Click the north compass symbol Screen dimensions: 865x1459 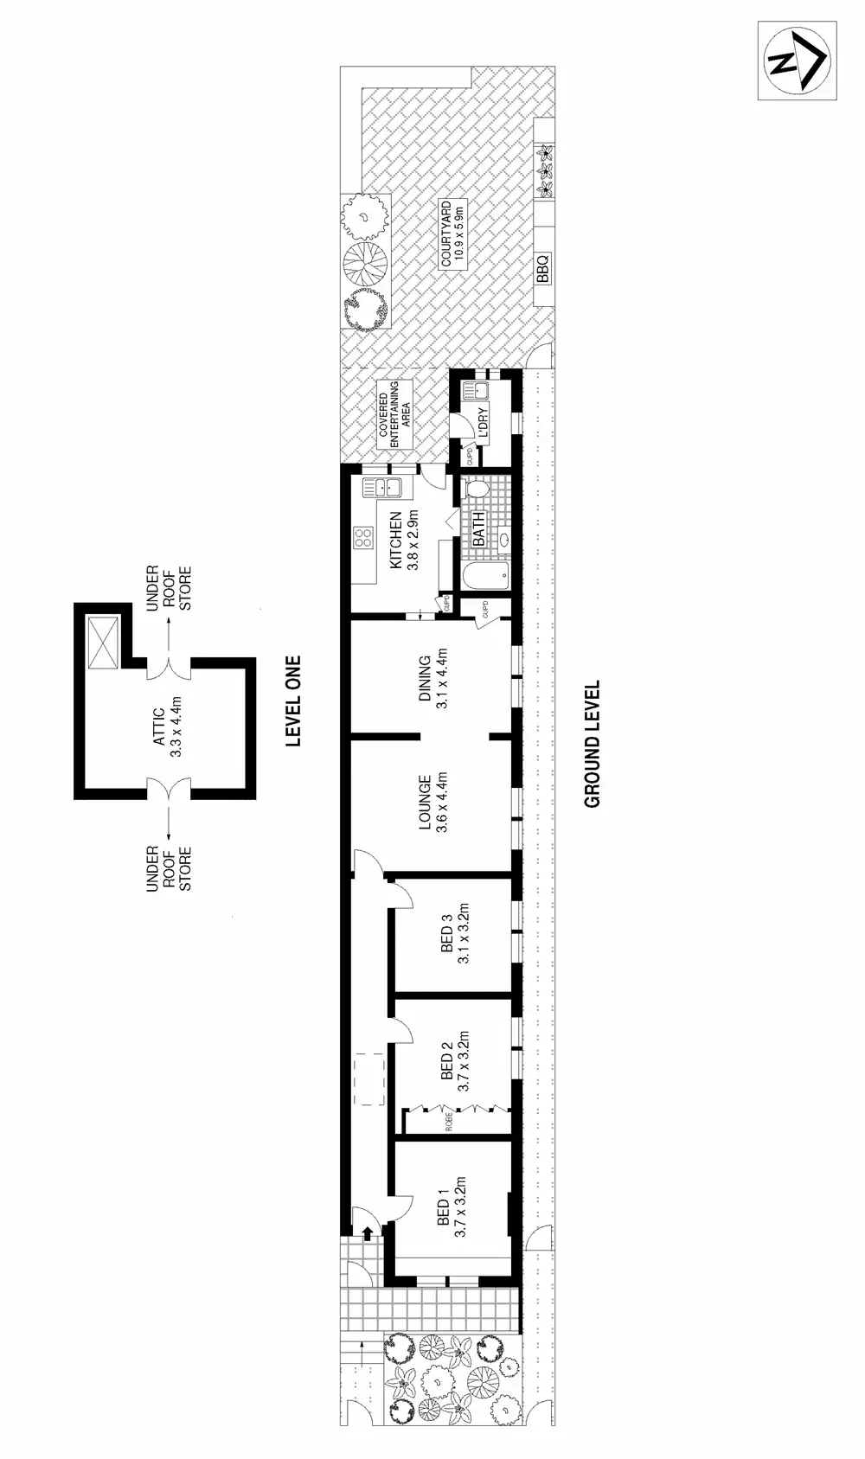pyautogui.click(x=798, y=61)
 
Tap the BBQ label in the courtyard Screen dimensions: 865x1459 pyautogui.click(x=542, y=268)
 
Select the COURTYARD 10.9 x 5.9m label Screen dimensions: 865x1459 pyautogui.click(x=453, y=234)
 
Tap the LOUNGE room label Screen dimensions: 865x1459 pyautogui.click(x=425, y=803)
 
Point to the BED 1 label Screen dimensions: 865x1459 pyautogui.click(x=444, y=1212)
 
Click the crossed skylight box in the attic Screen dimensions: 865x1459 pyautogui.click(x=102, y=644)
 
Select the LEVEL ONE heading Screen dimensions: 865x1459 pyautogui.click(x=294, y=701)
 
